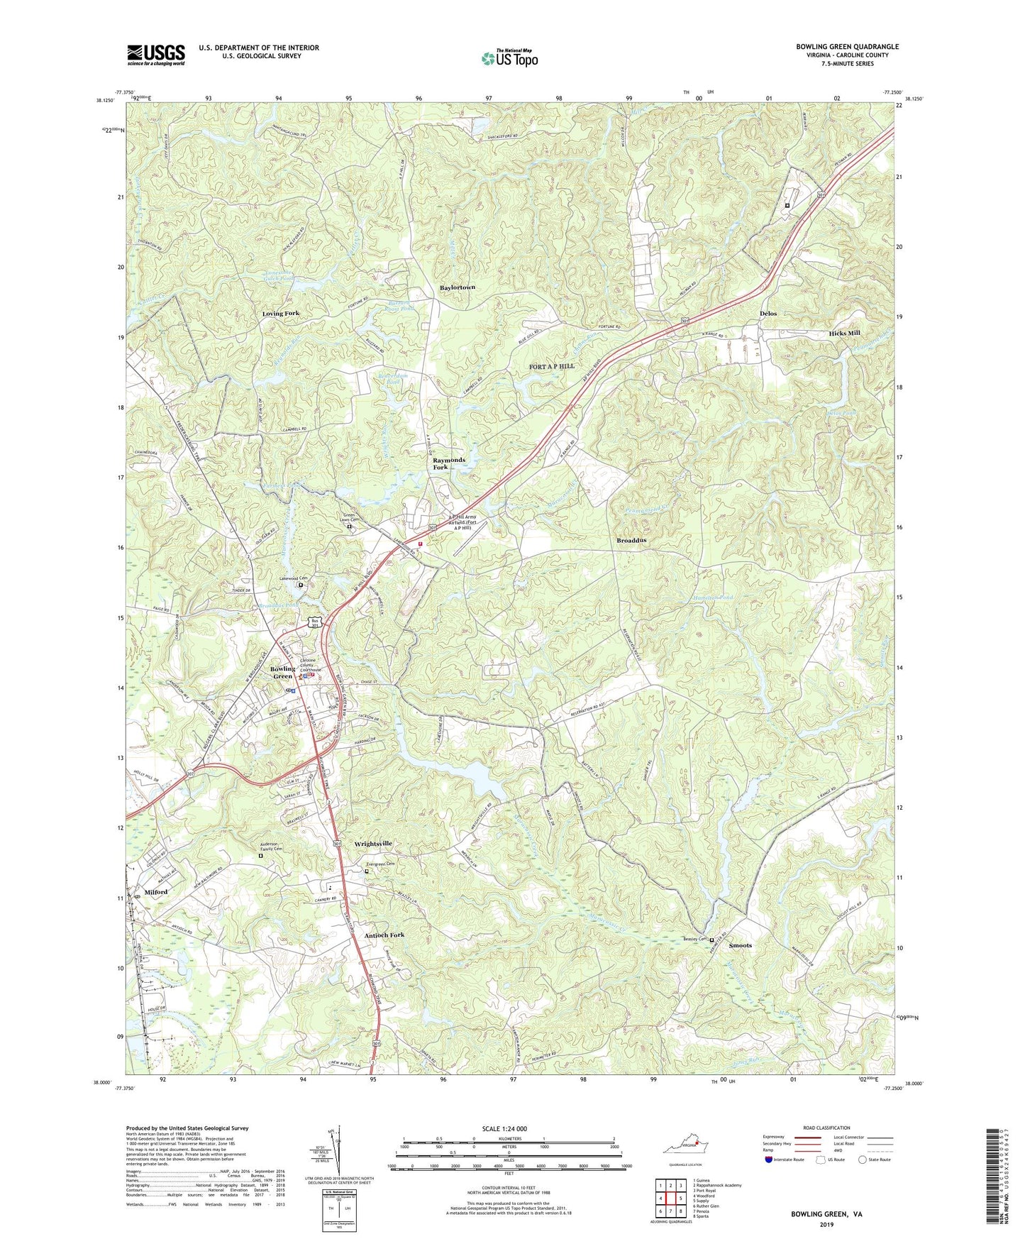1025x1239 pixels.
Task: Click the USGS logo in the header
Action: click(156, 54)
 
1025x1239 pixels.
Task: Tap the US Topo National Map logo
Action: click(509, 58)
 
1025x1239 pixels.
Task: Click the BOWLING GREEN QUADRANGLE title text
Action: click(847, 47)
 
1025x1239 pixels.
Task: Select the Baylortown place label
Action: click(457, 287)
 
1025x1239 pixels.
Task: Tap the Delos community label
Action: click(768, 313)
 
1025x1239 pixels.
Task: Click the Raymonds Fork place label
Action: click(449, 463)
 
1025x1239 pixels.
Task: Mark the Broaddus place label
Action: click(631, 540)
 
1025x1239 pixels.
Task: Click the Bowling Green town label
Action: click(282, 672)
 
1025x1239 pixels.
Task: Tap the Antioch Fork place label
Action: click(384, 935)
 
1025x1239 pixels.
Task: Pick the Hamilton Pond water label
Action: click(713, 598)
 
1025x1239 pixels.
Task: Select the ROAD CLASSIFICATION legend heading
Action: click(826, 1128)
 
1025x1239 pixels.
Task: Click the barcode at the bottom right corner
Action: click(994, 1177)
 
